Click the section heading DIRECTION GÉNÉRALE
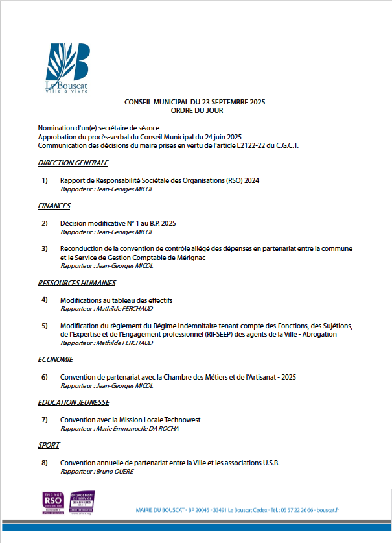(x=73, y=163)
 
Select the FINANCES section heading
(x=54, y=206)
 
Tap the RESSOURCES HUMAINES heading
(x=76, y=283)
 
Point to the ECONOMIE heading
(x=55, y=359)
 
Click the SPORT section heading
(x=49, y=445)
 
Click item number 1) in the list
(x=45, y=180)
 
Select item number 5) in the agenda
(x=45, y=326)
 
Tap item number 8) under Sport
(x=45, y=463)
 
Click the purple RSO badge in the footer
(x=53, y=503)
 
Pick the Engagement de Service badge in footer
(x=82, y=503)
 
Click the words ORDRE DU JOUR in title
(x=196, y=111)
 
